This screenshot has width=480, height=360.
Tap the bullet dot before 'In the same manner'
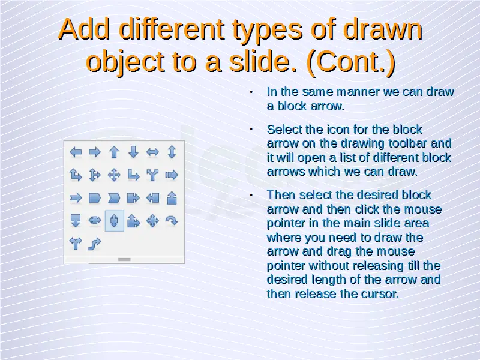[x=251, y=92]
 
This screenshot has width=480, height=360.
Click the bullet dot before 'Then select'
[x=251, y=195]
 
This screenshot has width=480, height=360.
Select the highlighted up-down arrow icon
[x=114, y=221]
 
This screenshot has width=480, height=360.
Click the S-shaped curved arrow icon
[x=95, y=244]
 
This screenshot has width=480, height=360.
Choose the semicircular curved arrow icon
[x=172, y=220]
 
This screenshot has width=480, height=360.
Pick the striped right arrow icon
[x=172, y=175]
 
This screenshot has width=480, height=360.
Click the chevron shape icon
[x=114, y=198]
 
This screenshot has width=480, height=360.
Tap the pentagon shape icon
[x=95, y=198]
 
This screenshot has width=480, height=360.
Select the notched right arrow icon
[x=76, y=198]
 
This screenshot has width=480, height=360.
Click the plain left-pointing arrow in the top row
[x=76, y=152]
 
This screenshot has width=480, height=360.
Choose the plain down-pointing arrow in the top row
[x=133, y=152]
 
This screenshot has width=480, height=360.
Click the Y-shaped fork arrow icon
[x=152, y=175]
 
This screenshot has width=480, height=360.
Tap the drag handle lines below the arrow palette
[x=124, y=260]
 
